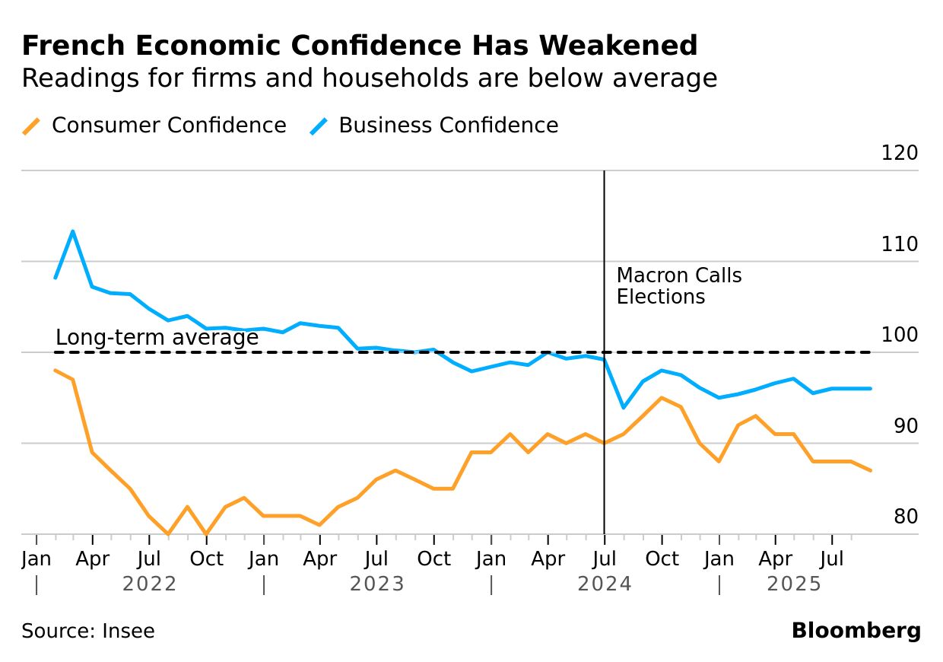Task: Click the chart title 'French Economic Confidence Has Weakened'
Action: [x=359, y=46]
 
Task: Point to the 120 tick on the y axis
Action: [x=899, y=154]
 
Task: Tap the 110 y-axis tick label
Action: [x=899, y=245]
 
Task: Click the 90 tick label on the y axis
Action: [x=905, y=427]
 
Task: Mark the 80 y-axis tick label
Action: [x=905, y=517]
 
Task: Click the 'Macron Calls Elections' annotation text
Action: [x=678, y=286]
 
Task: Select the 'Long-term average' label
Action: [x=157, y=337]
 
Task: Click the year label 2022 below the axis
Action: [x=149, y=584]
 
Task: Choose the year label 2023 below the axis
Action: [x=376, y=584]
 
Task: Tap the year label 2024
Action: [x=605, y=584]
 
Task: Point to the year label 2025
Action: [x=794, y=584]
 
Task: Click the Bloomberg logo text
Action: [x=856, y=631]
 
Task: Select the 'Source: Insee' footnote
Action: [x=88, y=632]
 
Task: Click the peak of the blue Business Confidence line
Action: [x=73, y=231]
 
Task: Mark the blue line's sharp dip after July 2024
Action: [x=624, y=408]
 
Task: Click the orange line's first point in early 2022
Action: [x=56, y=370]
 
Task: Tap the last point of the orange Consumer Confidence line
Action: [x=871, y=470]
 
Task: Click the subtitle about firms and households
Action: [x=369, y=78]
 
